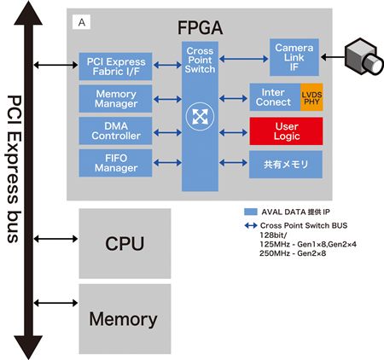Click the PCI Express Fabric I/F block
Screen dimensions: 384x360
click(115, 67)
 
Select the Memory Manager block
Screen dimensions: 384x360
click(115, 99)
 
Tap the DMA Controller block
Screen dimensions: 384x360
click(115, 131)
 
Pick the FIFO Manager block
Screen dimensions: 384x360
click(115, 163)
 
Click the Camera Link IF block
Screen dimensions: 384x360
click(294, 57)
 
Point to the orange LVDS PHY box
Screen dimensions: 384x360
click(311, 97)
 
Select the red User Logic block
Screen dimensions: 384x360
click(286, 131)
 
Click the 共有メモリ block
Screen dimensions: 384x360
click(286, 165)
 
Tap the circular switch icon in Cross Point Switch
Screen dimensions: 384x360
click(200, 116)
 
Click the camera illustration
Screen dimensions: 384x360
click(364, 56)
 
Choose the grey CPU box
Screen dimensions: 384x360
click(125, 243)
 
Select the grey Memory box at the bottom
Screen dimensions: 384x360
click(125, 319)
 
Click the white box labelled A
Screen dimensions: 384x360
click(82, 22)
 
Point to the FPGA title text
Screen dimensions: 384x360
click(200, 27)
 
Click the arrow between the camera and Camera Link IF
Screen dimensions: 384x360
click(333, 57)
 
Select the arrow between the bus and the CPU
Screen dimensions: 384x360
click(55, 239)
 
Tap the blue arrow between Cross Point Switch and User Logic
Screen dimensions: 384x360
click(233, 132)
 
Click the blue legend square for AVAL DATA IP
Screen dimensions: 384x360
click(251, 212)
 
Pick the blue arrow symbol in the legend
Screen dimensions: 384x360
click(251, 226)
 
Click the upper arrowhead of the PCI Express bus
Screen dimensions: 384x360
click(28, 15)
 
